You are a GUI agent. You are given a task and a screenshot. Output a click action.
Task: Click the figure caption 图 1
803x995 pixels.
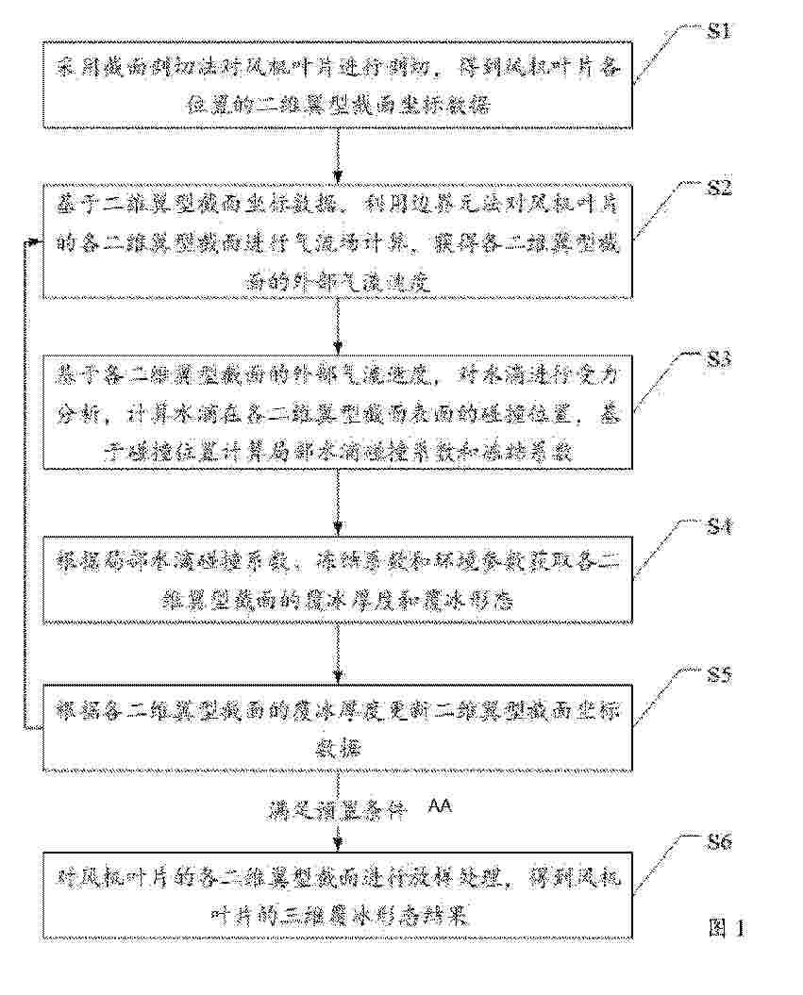(726, 928)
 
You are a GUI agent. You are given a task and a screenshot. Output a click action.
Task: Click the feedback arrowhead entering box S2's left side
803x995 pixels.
(37, 242)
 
